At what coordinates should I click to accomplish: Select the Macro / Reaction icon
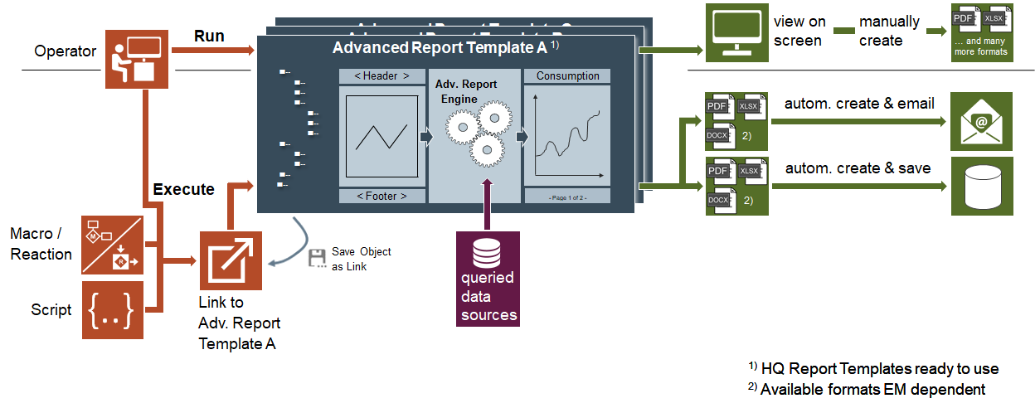(113, 245)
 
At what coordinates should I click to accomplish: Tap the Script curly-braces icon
(113, 310)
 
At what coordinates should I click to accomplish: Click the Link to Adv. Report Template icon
(231, 261)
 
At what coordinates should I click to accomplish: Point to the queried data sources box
(488, 279)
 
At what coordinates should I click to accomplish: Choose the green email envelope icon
(982, 120)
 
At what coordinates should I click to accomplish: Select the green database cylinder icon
(982, 186)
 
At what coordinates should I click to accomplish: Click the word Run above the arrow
(209, 36)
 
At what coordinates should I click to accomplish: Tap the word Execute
(184, 189)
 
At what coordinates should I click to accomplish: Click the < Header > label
(381, 76)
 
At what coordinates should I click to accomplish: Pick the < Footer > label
(381, 197)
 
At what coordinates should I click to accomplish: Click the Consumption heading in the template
(568, 76)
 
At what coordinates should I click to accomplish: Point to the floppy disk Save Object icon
(316, 258)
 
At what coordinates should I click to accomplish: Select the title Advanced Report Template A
(440, 48)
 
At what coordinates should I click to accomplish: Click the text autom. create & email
(859, 104)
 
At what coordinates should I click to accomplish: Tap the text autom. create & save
(858, 168)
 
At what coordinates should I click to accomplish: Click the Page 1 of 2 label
(567, 197)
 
